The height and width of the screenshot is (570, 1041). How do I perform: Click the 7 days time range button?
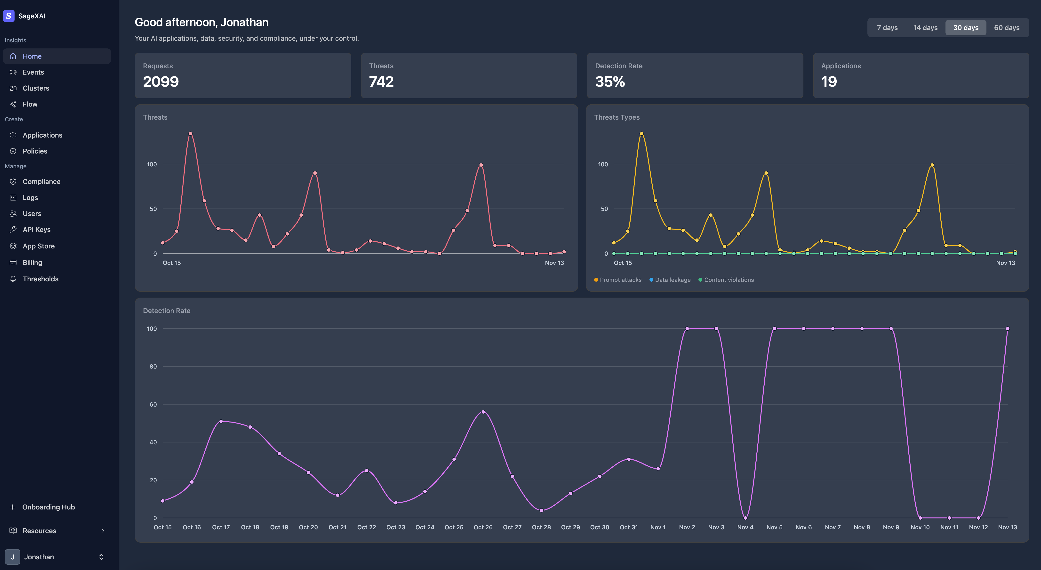[x=887, y=27]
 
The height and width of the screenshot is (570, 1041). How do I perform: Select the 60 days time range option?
[x=1006, y=27]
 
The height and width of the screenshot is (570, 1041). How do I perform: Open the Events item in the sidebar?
[x=33, y=72]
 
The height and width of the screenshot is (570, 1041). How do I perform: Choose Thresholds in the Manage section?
[x=40, y=279]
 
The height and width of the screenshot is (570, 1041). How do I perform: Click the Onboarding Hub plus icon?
[x=13, y=507]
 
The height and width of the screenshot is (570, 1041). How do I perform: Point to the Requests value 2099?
[x=161, y=82]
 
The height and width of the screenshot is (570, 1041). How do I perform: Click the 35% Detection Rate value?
[x=610, y=82]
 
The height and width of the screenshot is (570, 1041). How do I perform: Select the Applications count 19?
[x=829, y=82]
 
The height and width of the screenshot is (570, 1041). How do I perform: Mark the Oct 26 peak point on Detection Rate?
[x=483, y=412]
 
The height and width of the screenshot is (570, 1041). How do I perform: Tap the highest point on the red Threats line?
[x=190, y=134]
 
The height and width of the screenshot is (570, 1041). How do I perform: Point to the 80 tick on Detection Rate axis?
[x=153, y=367]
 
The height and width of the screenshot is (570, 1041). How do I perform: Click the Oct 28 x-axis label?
[x=541, y=527]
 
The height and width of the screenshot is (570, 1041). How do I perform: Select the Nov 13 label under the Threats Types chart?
[x=1005, y=263]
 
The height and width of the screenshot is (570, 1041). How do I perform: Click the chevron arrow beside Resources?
[x=103, y=531]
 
